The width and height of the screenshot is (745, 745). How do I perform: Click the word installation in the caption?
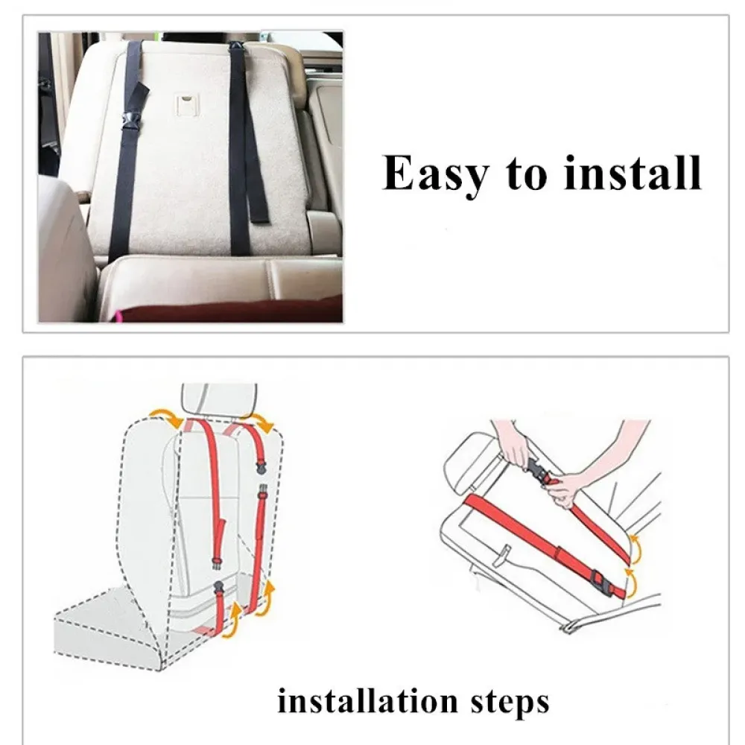click(367, 702)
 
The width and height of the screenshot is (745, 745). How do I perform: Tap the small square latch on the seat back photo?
click(187, 104)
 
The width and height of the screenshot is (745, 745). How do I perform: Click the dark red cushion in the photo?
click(229, 309)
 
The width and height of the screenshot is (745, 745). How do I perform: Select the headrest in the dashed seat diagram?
click(219, 399)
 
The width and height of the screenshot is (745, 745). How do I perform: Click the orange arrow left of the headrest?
click(166, 417)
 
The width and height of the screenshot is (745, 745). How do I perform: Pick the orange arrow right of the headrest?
click(262, 422)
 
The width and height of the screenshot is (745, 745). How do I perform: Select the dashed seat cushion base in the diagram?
click(110, 622)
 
